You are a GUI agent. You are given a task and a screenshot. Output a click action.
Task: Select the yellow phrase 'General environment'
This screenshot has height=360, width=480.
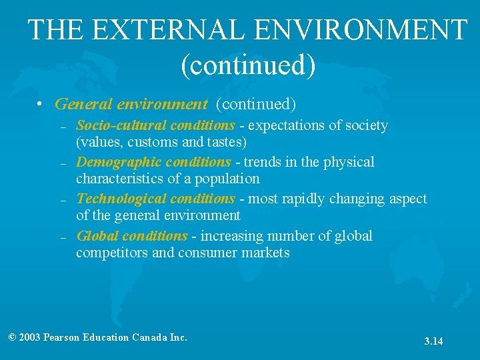[x=131, y=104]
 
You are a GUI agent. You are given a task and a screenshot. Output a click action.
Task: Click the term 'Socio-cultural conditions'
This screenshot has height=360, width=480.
[x=155, y=125]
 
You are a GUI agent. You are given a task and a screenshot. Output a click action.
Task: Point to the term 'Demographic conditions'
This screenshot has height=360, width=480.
[x=153, y=162]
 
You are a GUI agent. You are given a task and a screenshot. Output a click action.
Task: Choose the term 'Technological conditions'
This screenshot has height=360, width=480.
[x=155, y=199]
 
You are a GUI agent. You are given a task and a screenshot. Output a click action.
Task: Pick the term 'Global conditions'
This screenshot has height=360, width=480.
[x=132, y=236]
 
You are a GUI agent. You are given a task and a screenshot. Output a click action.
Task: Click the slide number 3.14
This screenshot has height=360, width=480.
[x=433, y=341]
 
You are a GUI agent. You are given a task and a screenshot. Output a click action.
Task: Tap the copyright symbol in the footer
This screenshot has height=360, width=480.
[x=12, y=337]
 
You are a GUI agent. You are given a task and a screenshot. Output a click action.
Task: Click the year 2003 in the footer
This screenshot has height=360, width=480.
[x=29, y=337]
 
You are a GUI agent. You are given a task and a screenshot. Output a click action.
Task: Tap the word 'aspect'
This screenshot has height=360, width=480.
[x=407, y=199]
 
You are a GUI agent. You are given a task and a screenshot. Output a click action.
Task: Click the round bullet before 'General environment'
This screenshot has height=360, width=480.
[x=41, y=105]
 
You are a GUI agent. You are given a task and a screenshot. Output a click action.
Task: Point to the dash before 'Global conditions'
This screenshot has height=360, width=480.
[x=62, y=237]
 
